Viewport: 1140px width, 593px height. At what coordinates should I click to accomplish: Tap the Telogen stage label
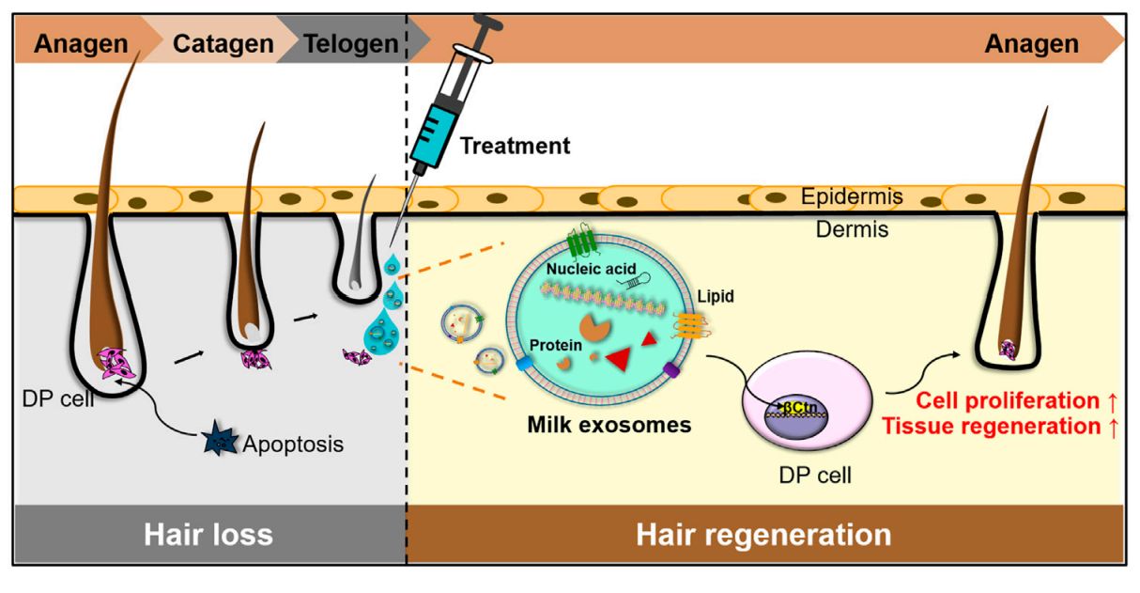350,43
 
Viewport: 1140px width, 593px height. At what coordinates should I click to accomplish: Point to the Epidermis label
852,197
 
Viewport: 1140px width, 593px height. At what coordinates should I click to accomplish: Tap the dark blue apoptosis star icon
221,438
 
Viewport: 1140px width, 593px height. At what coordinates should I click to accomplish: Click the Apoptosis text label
293,444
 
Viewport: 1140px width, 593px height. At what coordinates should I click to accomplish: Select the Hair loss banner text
208,535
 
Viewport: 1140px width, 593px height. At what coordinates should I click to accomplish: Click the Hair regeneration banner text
763,535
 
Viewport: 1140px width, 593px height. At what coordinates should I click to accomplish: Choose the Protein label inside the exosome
552,345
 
